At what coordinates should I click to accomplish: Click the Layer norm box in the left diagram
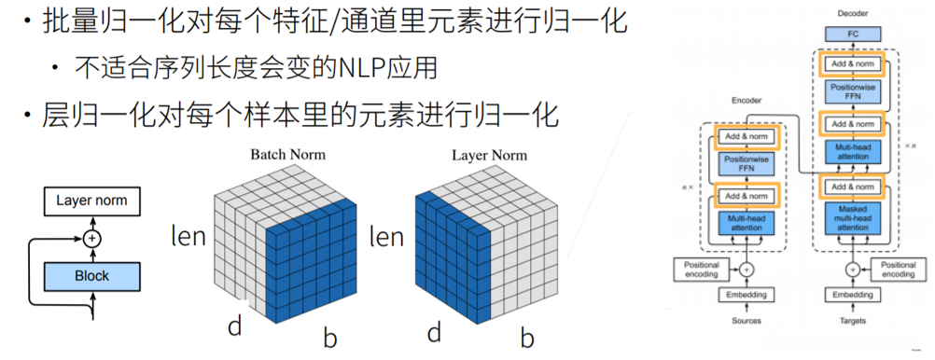pos(91,201)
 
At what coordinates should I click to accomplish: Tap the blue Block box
pos(91,276)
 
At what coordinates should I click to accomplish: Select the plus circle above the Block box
pos(91,238)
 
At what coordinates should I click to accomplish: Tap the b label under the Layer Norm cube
pos(527,338)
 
